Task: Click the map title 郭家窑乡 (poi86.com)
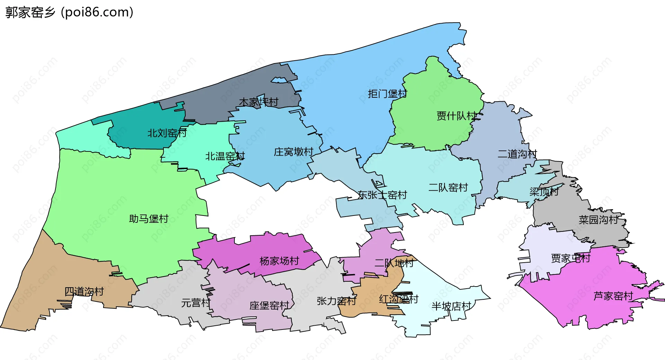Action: click(69, 12)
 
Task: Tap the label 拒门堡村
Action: click(387, 94)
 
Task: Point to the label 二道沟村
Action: click(517, 154)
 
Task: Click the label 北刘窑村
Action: click(167, 133)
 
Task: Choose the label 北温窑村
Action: click(225, 156)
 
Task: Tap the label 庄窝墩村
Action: click(293, 152)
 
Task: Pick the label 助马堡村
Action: click(148, 219)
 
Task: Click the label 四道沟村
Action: click(84, 291)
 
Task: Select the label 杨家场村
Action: click(279, 261)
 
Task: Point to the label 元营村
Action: click(196, 303)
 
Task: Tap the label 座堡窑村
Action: click(269, 306)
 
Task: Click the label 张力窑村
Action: click(336, 301)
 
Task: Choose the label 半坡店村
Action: click(451, 306)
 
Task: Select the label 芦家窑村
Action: click(613, 296)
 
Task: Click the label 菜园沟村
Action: click(598, 220)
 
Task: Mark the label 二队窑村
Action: click(448, 187)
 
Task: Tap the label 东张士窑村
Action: click(382, 195)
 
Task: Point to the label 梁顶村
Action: click(544, 192)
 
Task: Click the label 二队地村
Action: click(394, 263)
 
